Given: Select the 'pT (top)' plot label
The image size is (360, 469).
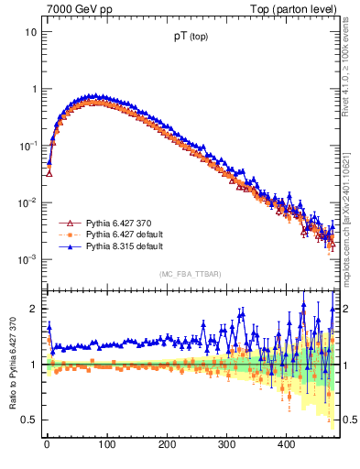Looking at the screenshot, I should [191, 40].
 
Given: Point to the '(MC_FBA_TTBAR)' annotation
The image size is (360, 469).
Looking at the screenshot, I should [191, 274].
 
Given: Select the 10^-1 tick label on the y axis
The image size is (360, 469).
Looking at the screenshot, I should [28, 146].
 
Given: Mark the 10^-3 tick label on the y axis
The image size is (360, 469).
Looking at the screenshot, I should [28, 260].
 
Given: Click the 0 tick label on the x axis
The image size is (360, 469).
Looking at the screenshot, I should [46, 444].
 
